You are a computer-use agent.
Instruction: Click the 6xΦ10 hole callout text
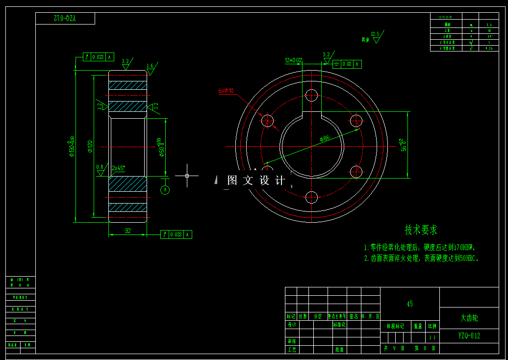[x=226, y=91]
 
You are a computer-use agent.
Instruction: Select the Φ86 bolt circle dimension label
[x=325, y=139]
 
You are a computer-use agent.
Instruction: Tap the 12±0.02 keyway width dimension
[x=293, y=60]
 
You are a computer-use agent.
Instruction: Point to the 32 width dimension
[x=127, y=231]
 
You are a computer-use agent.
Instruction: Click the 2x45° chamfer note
[x=118, y=168]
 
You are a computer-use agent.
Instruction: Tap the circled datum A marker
[x=165, y=190]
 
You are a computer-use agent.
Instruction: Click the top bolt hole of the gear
[x=312, y=95]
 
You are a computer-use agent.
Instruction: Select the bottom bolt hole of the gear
[x=312, y=198]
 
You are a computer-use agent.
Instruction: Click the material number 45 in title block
[x=409, y=304]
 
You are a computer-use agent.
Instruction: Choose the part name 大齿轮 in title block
[x=469, y=318]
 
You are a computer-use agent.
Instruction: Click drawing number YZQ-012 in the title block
[x=469, y=336]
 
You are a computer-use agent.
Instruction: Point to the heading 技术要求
[x=421, y=230]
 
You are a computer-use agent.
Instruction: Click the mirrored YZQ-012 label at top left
[x=65, y=19]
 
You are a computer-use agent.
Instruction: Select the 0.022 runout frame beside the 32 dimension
[x=176, y=235]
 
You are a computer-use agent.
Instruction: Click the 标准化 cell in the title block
[x=339, y=325]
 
